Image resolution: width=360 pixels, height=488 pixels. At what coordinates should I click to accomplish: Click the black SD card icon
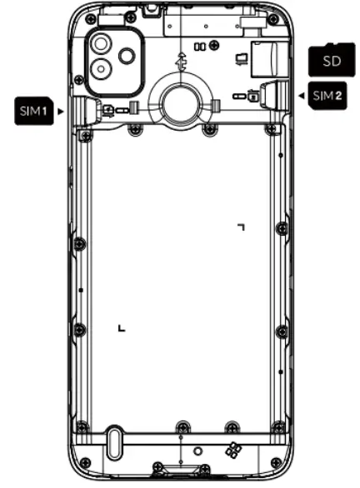point(332,60)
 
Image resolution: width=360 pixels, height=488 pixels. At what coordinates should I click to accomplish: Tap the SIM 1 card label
point(33,111)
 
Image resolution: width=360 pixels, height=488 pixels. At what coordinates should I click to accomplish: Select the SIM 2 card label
point(327,96)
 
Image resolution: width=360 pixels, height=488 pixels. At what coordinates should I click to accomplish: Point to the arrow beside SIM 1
point(60,111)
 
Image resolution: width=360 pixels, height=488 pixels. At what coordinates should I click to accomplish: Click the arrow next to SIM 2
point(302,96)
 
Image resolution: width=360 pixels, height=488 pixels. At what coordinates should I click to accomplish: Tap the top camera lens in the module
point(101,43)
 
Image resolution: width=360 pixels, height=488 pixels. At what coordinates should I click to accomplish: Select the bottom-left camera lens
point(101,69)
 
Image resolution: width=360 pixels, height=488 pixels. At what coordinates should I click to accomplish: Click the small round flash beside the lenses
point(127,56)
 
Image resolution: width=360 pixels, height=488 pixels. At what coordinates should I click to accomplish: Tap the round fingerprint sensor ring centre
point(180,103)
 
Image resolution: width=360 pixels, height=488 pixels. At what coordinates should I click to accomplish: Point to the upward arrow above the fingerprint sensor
point(182,62)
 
